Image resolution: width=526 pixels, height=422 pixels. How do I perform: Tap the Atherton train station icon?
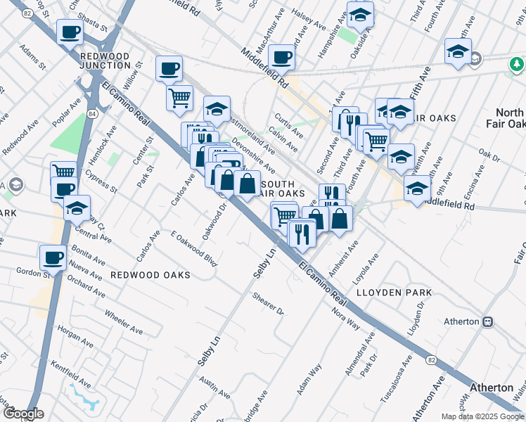point(487,321)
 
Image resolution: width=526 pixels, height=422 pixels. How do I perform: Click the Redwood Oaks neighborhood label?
point(150,275)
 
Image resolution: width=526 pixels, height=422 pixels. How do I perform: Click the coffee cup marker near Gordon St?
point(53,257)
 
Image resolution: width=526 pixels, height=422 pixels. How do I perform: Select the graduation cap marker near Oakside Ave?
point(360,14)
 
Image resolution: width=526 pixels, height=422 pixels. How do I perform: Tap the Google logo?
point(23,414)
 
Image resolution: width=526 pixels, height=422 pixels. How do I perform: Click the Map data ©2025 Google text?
point(482,416)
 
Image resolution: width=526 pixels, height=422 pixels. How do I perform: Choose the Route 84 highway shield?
point(92,113)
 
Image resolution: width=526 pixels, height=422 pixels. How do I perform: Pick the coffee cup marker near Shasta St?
point(70,32)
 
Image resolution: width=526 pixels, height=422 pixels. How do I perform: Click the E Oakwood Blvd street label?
point(193,248)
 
